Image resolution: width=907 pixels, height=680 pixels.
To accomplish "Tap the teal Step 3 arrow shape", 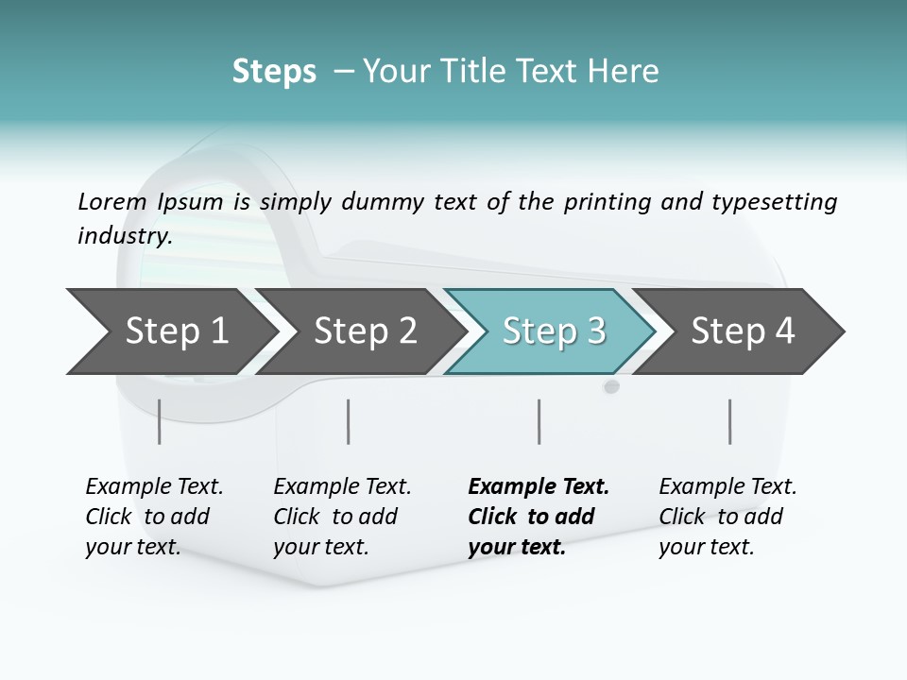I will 554,331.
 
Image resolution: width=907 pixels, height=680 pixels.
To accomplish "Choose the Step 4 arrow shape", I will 743,331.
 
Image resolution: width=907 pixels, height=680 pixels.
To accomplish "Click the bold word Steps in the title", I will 274,72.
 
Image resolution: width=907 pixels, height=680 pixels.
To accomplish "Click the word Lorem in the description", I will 111,201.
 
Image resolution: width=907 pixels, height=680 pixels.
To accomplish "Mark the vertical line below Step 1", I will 160,421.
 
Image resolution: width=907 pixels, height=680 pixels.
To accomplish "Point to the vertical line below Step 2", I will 349,421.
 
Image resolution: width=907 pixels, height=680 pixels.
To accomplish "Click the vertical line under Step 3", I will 539,421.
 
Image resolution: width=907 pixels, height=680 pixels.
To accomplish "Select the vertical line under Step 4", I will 729,421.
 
